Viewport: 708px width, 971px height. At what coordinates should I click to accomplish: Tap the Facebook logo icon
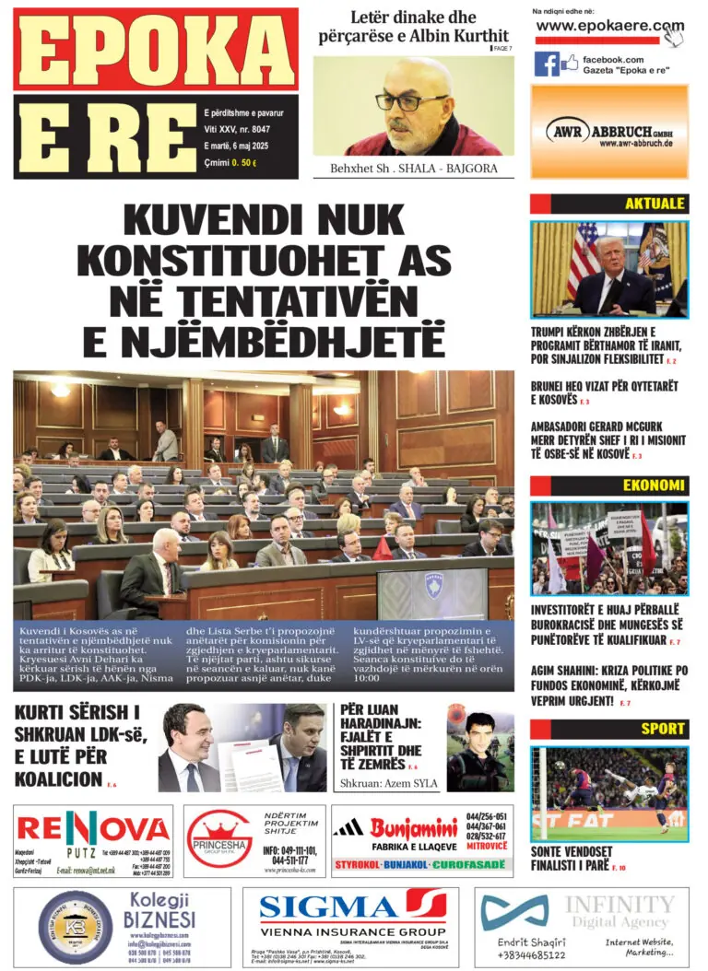click(547, 64)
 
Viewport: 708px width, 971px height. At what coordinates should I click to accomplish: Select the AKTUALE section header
click(655, 204)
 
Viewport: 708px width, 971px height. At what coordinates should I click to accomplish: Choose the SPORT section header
click(663, 728)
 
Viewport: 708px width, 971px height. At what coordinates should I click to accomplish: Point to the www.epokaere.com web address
click(609, 27)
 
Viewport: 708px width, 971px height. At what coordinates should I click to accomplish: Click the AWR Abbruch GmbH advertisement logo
click(608, 131)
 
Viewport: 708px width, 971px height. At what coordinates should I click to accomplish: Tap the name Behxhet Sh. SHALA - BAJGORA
click(413, 170)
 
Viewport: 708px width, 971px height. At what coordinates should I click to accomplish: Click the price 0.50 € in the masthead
click(245, 163)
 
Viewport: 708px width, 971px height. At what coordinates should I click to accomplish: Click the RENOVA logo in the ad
click(93, 829)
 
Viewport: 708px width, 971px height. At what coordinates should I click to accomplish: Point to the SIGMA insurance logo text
click(332, 907)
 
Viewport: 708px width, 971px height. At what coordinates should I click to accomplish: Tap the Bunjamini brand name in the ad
click(414, 827)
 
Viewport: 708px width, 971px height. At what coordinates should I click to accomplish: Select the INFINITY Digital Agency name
click(619, 911)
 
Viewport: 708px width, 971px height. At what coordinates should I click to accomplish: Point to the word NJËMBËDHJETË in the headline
click(264, 338)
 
